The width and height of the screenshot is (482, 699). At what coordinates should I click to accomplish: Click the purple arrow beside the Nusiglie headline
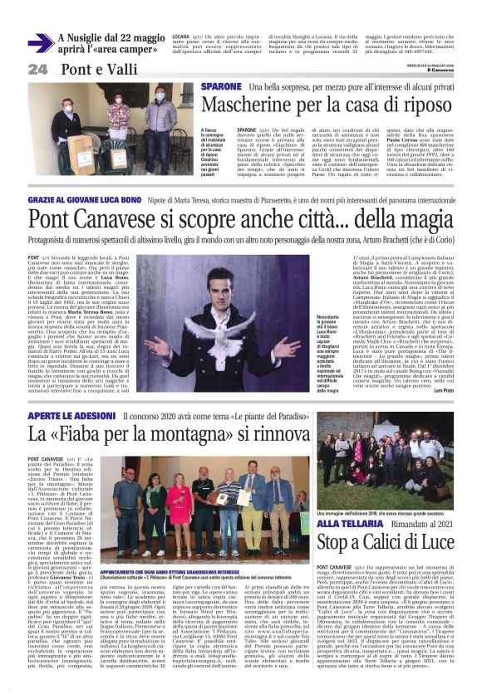tap(41, 42)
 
